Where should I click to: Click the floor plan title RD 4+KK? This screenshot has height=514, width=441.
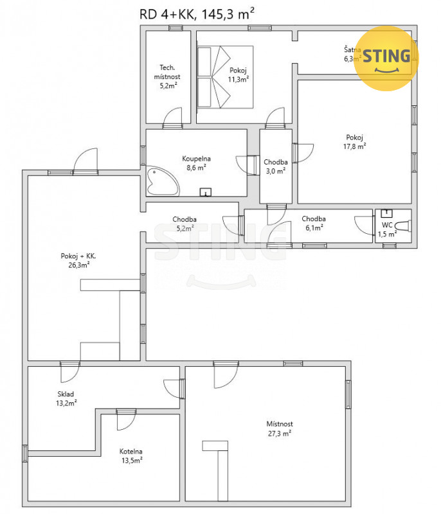point(167,14)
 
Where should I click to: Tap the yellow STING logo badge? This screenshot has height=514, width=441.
point(386,58)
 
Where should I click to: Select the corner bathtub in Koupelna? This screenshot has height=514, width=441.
point(162,182)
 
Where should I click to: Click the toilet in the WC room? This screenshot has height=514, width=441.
point(403,226)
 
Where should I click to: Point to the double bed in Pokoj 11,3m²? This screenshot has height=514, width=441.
point(225,77)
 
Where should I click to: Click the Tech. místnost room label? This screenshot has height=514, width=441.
point(167,72)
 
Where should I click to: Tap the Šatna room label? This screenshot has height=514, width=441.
point(352,50)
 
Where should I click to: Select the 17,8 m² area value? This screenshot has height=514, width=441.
point(354,146)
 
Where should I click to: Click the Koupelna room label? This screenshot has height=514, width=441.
point(197,159)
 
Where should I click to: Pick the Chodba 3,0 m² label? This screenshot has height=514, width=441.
point(276,166)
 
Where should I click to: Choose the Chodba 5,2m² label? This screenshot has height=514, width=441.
point(184,224)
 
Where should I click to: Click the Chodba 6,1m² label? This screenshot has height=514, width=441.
point(314,223)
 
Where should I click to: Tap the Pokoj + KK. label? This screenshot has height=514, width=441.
point(78,256)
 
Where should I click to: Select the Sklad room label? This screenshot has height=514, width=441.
point(66,394)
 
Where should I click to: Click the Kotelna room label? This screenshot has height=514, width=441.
point(131,452)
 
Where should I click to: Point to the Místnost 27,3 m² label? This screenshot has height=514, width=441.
point(280,429)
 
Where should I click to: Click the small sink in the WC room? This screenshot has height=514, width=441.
point(386,213)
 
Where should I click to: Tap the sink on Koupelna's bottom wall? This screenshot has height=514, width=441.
point(206,192)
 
